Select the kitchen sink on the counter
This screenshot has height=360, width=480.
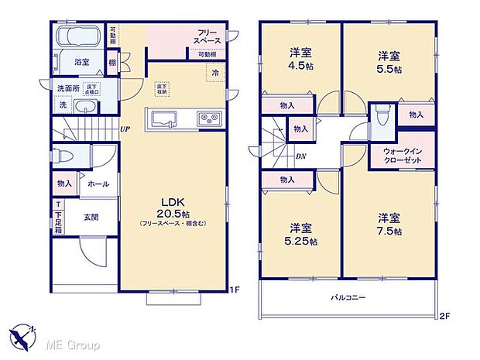(x=166, y=118)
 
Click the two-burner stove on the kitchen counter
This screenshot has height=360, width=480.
(x=209, y=118)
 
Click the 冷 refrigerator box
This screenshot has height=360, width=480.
(x=214, y=72)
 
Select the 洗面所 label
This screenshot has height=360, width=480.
(x=69, y=87)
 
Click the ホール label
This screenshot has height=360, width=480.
(x=98, y=184)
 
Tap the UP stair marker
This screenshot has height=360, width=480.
(x=124, y=129)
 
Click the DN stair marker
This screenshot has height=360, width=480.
(x=301, y=156)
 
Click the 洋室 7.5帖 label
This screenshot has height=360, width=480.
(x=389, y=224)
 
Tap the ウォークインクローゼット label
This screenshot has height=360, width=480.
(x=402, y=155)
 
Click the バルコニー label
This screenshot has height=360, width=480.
(x=349, y=297)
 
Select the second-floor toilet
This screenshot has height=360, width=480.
(x=381, y=116)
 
